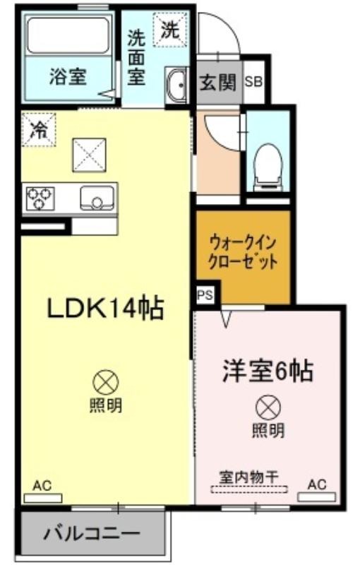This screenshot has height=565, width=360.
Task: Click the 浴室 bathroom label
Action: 68,76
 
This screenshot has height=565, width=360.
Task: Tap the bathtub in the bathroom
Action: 68,35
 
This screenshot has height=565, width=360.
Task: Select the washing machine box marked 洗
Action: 171,29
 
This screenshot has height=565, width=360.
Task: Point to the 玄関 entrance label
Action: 218,83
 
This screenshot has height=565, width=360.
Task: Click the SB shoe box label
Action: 254,81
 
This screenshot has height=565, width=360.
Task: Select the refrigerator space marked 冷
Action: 39,130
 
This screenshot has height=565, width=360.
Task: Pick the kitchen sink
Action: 97,198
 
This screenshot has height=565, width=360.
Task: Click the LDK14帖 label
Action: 105,308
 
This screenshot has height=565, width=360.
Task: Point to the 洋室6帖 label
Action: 267,370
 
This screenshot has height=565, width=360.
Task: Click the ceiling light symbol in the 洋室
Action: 268,408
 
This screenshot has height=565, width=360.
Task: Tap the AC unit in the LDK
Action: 43,498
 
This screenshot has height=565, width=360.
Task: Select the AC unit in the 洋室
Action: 316,497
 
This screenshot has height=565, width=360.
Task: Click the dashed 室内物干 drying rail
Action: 249,489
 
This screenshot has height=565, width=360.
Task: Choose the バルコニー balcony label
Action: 92,534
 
